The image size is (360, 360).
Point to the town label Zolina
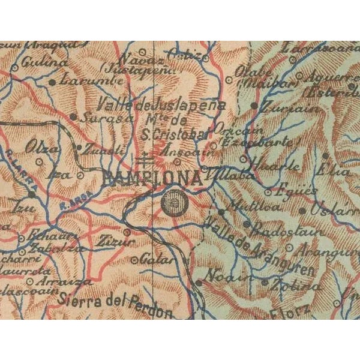pyautogui.click(x=292, y=285)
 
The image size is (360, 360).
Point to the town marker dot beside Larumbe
pyautogui.click(x=53, y=81)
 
